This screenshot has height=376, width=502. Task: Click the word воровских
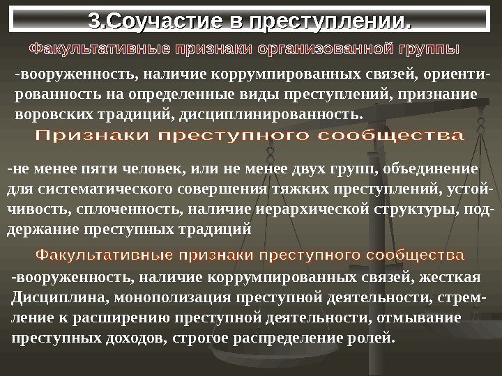coord(48,112)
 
